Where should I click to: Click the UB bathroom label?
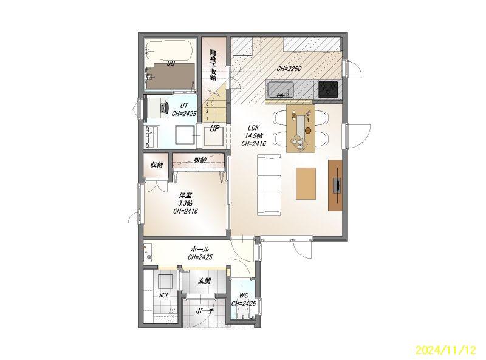click(171, 63)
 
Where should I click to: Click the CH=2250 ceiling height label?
click(289, 69)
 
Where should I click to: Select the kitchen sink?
click(281, 89)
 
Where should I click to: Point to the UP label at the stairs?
click(214, 128)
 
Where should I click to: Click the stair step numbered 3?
click(207, 104)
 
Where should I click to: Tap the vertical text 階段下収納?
click(213, 65)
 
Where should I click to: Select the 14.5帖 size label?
click(254, 135)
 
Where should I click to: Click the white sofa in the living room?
click(269, 185)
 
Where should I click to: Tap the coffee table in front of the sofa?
click(306, 183)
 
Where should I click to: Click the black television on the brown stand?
click(337, 185)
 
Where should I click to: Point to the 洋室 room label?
click(185, 195)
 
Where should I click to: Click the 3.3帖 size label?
click(185, 203)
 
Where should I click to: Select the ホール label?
click(200, 249)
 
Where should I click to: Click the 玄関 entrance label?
click(205, 281)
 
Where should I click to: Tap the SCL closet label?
click(163, 295)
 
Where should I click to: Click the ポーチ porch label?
click(205, 311)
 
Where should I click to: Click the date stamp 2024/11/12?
click(445, 350)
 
